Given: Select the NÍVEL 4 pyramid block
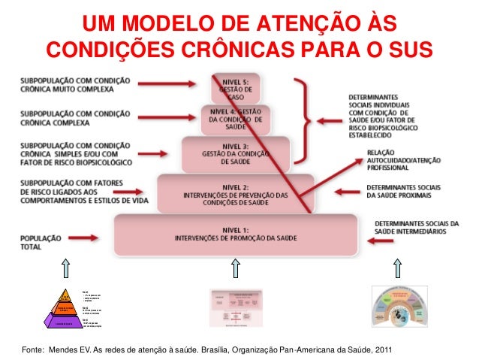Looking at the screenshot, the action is coord(236,119).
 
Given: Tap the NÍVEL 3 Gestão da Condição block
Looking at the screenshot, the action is coord(236,154).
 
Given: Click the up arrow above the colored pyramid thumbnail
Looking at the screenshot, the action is coord(68,268).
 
